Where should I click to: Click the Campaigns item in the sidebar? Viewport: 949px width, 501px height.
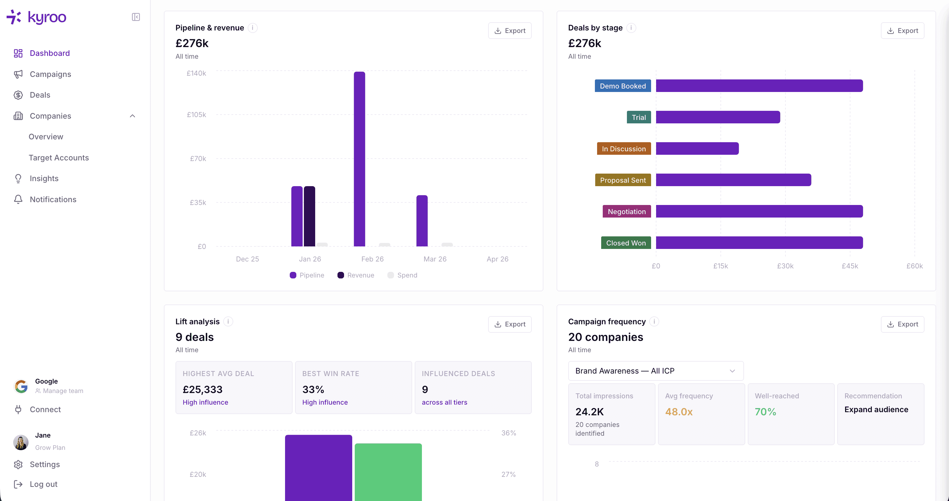[x=50, y=74]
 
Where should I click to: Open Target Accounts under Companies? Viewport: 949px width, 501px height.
[x=59, y=158]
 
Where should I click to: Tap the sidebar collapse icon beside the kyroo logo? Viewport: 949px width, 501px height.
[x=136, y=17]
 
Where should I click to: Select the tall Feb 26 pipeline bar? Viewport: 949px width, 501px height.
[x=359, y=159]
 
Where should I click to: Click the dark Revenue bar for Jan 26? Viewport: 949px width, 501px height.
[x=309, y=216]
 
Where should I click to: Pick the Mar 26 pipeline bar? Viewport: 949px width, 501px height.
[x=422, y=221]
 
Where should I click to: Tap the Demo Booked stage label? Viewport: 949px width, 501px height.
[x=623, y=86]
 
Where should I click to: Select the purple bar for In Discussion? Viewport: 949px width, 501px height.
[x=697, y=148]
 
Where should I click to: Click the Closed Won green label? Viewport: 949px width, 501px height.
[x=626, y=243]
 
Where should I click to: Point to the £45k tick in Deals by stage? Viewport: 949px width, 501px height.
[x=849, y=266]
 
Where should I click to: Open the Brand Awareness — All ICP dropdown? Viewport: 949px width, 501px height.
[x=655, y=371]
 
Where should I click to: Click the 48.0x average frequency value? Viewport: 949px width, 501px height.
[x=679, y=412]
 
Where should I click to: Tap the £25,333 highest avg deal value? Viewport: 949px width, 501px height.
[x=202, y=389]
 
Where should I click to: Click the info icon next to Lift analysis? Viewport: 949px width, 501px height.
[x=228, y=321]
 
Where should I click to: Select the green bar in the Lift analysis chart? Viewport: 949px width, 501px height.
[x=388, y=471]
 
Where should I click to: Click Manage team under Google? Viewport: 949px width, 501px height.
[x=62, y=391]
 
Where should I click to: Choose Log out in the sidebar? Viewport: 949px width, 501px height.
[x=43, y=484]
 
